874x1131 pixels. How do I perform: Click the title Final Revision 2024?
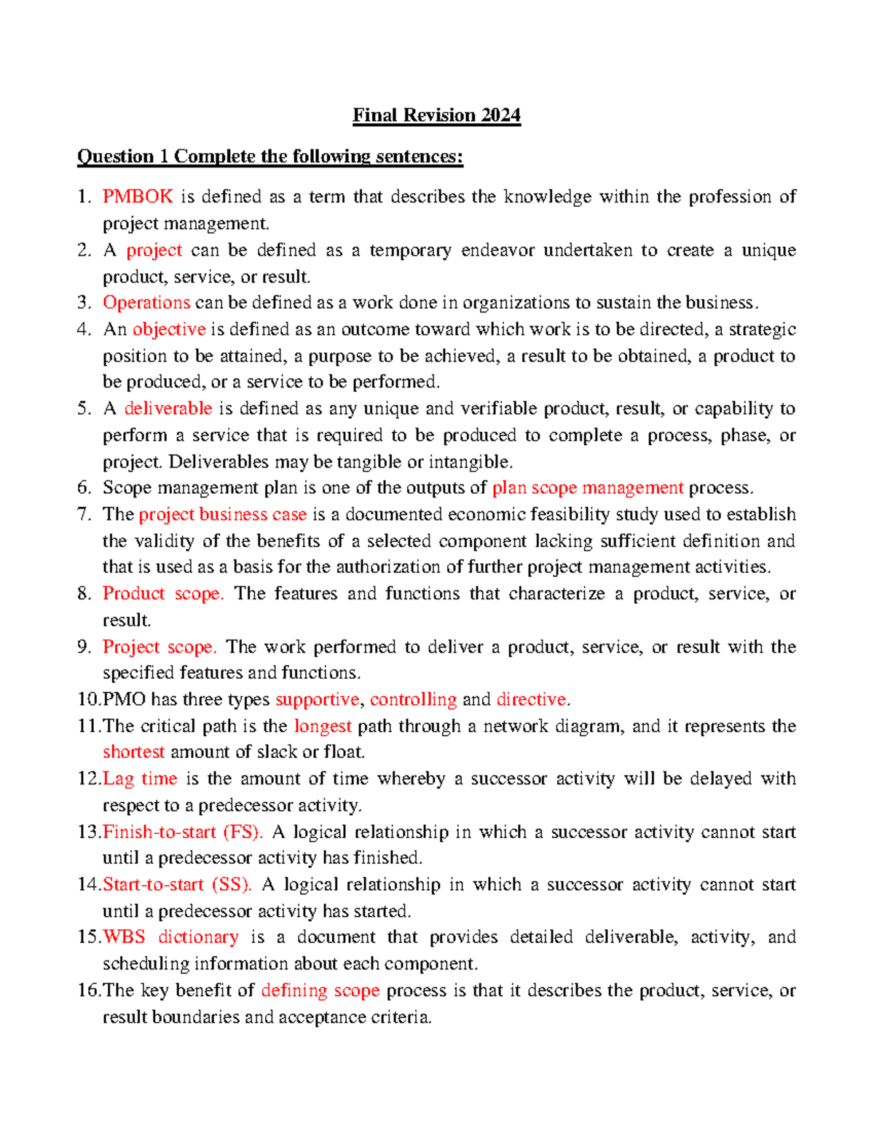coord(436,116)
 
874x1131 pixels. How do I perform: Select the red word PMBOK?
coord(138,197)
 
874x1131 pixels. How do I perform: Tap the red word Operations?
coord(146,303)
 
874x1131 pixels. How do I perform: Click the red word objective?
coord(169,330)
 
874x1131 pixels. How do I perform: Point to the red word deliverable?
coord(168,409)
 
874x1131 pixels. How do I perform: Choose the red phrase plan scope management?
coord(588,488)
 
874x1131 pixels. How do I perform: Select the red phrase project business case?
coord(222,515)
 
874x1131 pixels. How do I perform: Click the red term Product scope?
coord(162,594)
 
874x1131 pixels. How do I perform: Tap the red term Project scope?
coord(160,647)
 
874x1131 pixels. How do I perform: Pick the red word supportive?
coord(318,700)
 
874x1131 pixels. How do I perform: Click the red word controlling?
coord(413,700)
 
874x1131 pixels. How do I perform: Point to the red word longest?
coord(323,726)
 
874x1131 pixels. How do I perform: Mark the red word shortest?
coord(133,752)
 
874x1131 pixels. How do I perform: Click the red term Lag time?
coord(140,779)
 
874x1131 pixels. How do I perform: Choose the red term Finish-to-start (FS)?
coord(183,832)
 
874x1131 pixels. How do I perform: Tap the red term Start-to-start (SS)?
coord(177,885)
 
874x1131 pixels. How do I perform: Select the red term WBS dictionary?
coord(170,937)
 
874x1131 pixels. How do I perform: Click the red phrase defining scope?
coord(320,990)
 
